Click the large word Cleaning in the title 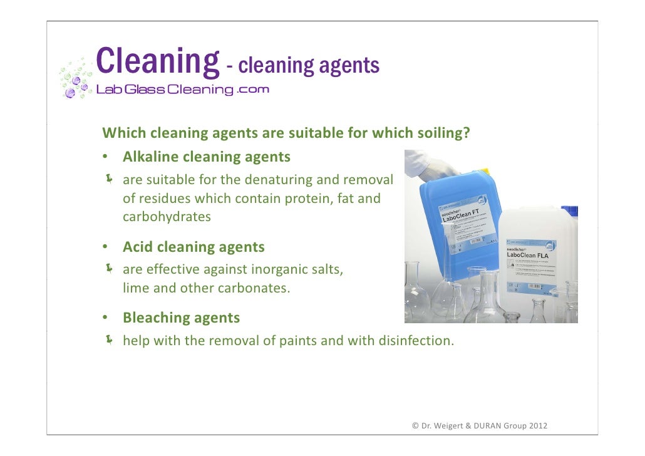point(157,61)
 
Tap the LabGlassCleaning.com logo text point(182,90)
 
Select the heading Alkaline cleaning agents point(206,157)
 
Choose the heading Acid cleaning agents point(194,247)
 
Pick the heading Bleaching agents point(181,318)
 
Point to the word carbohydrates point(167,217)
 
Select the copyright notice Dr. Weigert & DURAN point(479,426)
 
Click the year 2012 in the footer point(538,426)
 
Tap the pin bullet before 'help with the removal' point(110,340)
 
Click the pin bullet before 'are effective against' point(110,269)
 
